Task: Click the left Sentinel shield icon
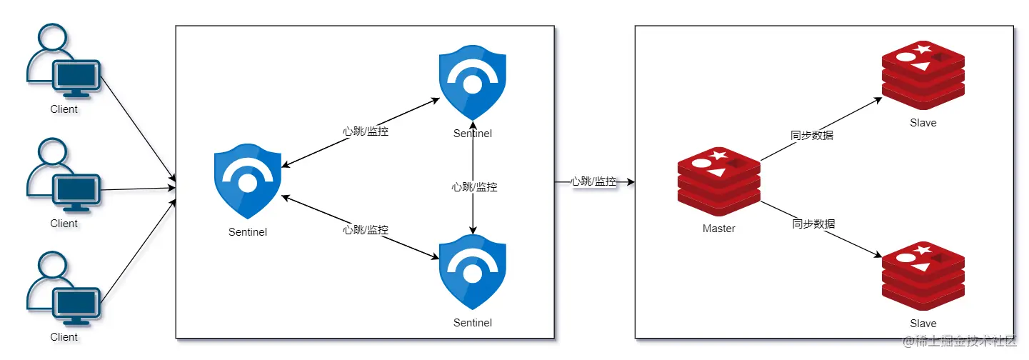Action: (x=247, y=181)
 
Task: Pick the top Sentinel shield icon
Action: (x=473, y=85)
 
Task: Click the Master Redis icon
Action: (x=718, y=181)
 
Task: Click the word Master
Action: (x=718, y=229)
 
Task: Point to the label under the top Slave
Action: (x=923, y=123)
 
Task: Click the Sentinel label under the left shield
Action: (x=248, y=231)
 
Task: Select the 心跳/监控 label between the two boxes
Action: (x=593, y=181)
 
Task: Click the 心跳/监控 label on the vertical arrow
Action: (x=474, y=187)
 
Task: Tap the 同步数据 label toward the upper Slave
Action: (x=811, y=135)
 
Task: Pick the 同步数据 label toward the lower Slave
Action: (x=813, y=224)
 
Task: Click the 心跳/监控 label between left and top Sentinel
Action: (x=366, y=131)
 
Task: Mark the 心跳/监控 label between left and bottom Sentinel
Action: (x=366, y=230)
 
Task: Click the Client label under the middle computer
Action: (x=64, y=224)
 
